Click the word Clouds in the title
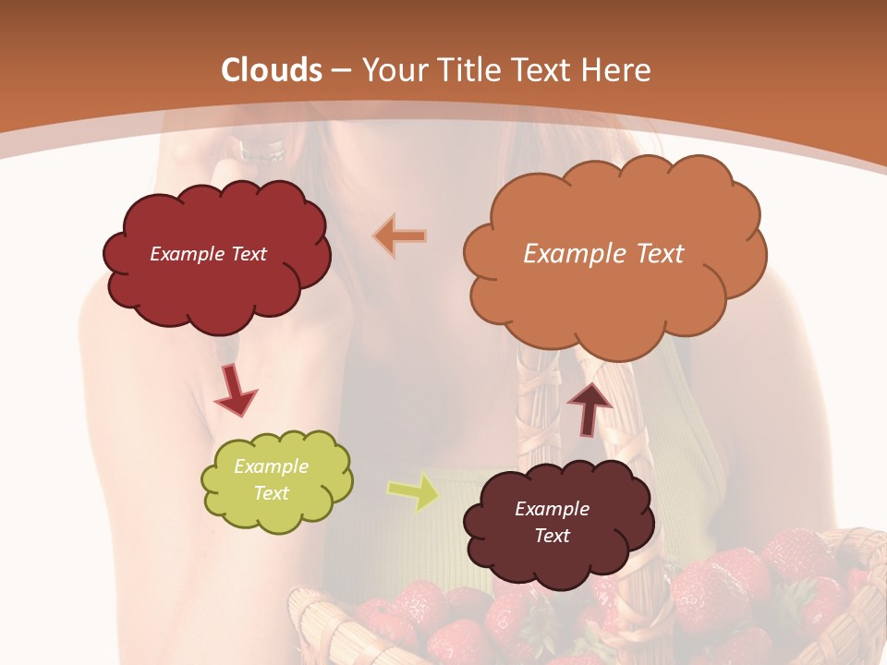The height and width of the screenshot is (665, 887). [x=272, y=70]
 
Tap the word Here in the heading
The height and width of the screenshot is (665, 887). [x=616, y=70]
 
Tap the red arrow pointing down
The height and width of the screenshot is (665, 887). [x=235, y=389]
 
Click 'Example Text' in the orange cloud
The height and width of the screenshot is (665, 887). [x=603, y=254]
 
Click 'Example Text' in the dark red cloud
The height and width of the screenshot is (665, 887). [x=208, y=254]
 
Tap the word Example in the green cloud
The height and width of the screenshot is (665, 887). [x=271, y=466]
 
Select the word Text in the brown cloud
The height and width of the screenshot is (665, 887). [x=552, y=536]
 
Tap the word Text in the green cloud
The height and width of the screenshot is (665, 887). [x=271, y=493]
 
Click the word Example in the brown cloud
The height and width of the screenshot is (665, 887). [x=552, y=509]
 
